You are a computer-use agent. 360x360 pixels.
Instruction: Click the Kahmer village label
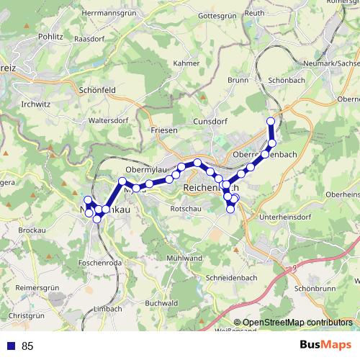pos(186,63)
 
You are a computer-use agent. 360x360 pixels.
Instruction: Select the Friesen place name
pos(163,130)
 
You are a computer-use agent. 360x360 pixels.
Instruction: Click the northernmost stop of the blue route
pos(271,121)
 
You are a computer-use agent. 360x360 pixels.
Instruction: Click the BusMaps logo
pos(325,346)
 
